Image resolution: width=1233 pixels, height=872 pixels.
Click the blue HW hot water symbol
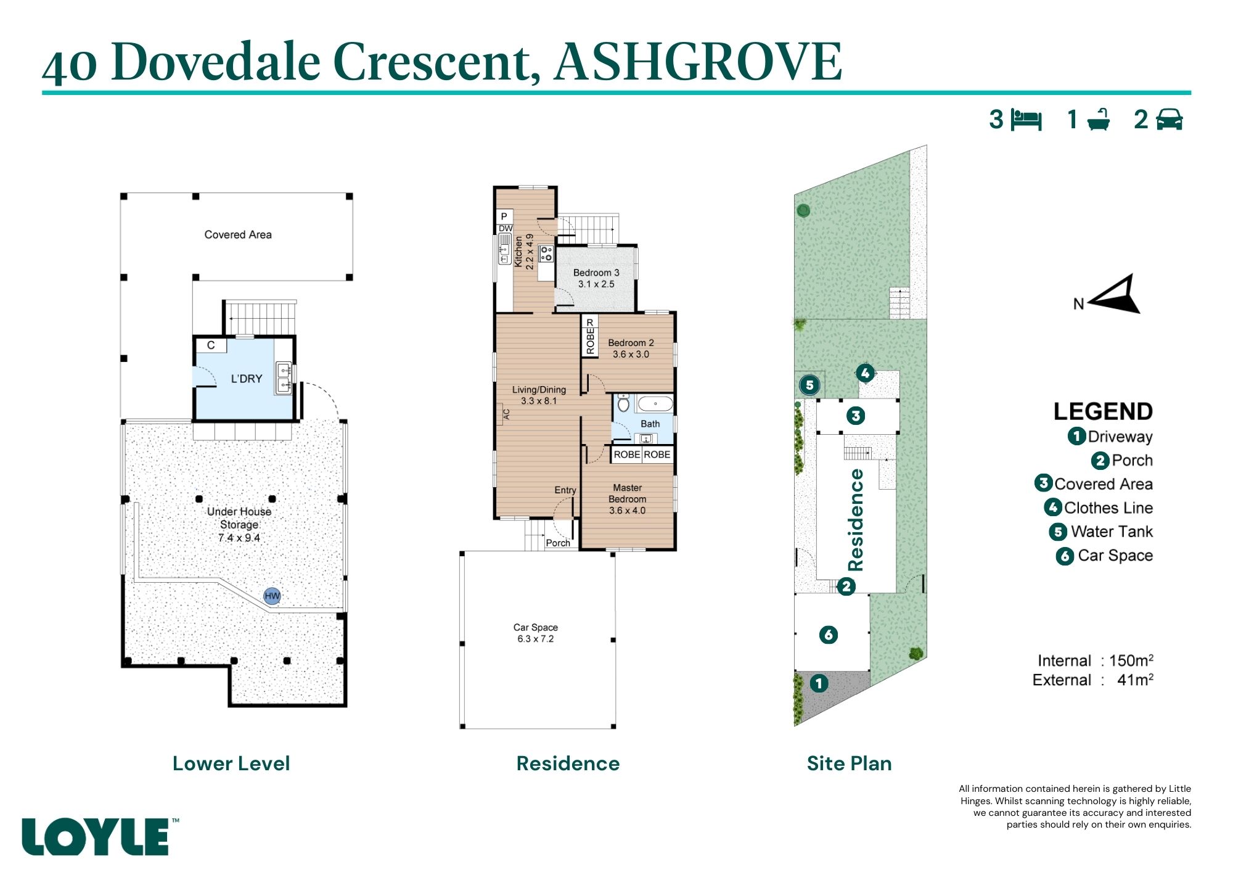(272, 596)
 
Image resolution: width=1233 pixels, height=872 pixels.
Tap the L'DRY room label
(247, 379)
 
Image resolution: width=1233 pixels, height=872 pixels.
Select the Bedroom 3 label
(596, 273)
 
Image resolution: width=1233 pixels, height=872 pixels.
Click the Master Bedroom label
(628, 493)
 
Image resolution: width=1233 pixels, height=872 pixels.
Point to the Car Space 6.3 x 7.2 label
(536, 633)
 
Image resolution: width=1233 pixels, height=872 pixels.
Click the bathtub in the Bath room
(655, 405)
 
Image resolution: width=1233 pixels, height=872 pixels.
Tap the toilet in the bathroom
(623, 403)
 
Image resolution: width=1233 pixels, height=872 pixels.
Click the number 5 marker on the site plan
(809, 385)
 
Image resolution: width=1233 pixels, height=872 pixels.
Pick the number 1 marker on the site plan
(819, 683)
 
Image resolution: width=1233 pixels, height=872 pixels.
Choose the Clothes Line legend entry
(1099, 508)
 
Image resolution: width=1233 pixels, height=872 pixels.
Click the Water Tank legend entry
(1101, 532)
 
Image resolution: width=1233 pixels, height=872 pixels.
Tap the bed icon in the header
(1026, 120)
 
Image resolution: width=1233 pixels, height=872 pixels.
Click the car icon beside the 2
(1170, 119)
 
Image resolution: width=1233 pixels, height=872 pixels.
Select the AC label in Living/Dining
(507, 414)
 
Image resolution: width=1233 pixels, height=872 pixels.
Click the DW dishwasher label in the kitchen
(506, 228)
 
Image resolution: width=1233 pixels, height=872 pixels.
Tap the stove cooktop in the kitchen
(546, 253)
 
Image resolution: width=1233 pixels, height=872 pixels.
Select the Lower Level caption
(231, 763)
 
